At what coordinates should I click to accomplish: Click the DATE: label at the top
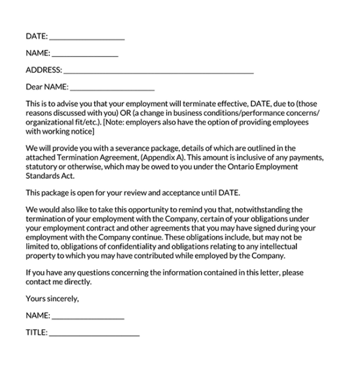click(37, 36)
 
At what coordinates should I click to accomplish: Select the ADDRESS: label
click(44, 70)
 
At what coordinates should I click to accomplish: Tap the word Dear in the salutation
click(34, 86)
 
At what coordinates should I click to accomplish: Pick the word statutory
click(44, 167)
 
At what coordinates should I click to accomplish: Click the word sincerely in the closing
click(62, 299)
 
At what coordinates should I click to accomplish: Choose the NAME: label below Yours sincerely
click(38, 316)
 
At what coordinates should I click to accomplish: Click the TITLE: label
click(37, 333)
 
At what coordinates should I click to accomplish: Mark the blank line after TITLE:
click(94, 333)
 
